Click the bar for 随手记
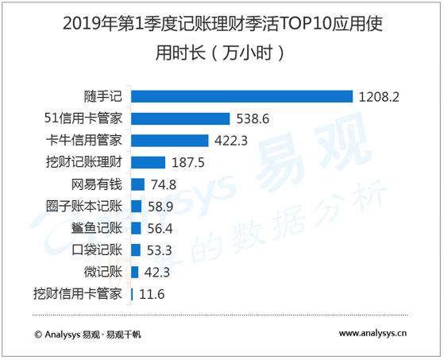coord(241,97)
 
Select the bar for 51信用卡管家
coord(180,119)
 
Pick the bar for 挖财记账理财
coord(148,163)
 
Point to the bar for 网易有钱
coord(137,184)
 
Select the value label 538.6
coord(254,119)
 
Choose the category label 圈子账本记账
coord(84,207)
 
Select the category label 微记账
coord(101,273)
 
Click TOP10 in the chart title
coord(311,25)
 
